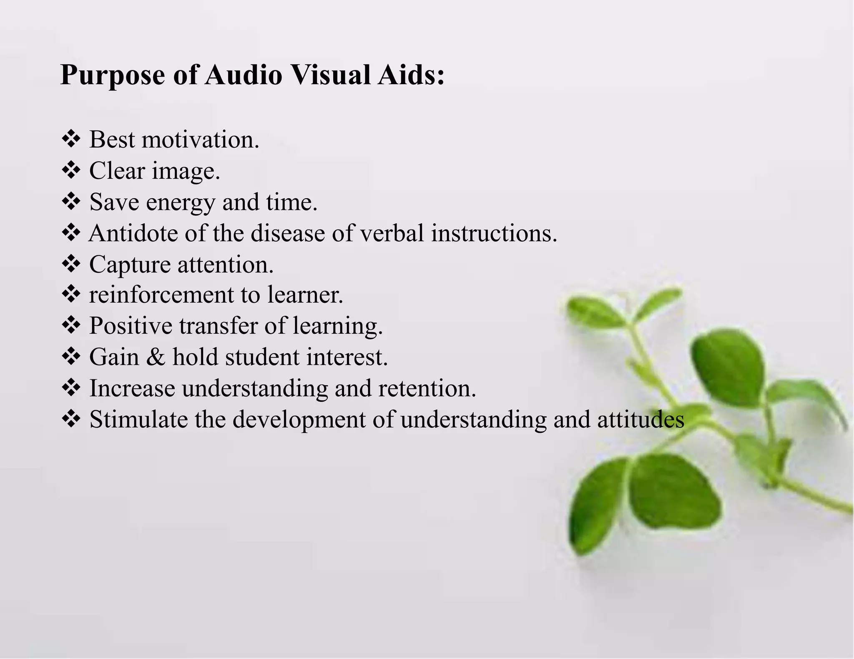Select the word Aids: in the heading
[411, 75]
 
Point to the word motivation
[200, 140]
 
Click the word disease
[287, 233]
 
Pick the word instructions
[494, 233]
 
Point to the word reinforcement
[161, 295]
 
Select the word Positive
[131, 325]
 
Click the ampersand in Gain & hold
[156, 357]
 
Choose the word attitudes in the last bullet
[640, 419]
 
